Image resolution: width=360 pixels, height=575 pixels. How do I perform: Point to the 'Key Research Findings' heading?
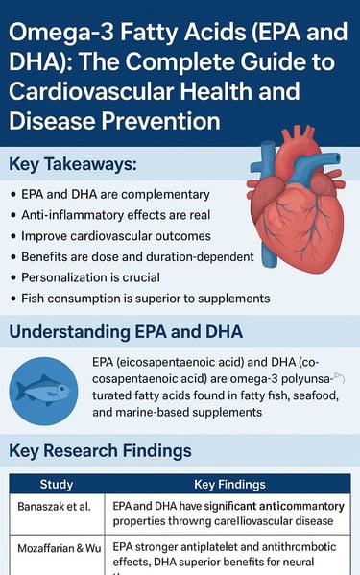click(x=101, y=450)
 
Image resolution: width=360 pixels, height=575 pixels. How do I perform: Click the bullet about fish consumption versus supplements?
click(x=152, y=299)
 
